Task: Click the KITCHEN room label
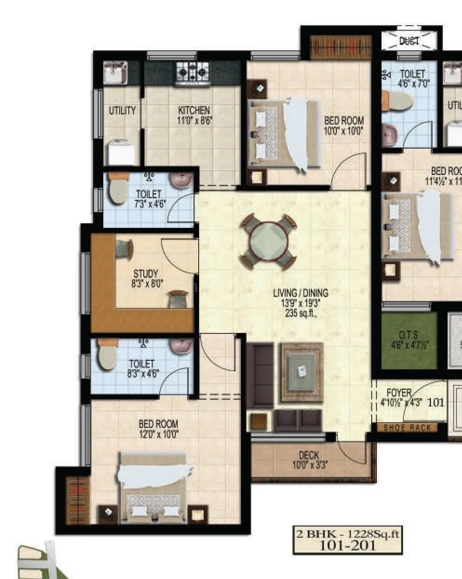pos(194,110)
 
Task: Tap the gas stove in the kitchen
pos(193,72)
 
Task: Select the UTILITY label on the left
pos(122,110)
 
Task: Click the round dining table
pos(268,242)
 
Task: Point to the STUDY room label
pos(146,273)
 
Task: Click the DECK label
pos(308,455)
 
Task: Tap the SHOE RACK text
pos(407,428)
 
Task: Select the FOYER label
pos(399,393)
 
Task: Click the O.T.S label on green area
pos(408,335)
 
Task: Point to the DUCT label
pos(409,41)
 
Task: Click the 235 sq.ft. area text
pos(301,313)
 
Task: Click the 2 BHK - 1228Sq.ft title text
pos(348,533)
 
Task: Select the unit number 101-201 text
pos(347,545)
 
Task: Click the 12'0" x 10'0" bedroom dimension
pos(158,434)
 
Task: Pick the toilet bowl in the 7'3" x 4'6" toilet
pos(118,188)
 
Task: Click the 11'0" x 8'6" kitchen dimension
pos(194,120)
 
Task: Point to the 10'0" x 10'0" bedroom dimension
pos(343,131)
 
